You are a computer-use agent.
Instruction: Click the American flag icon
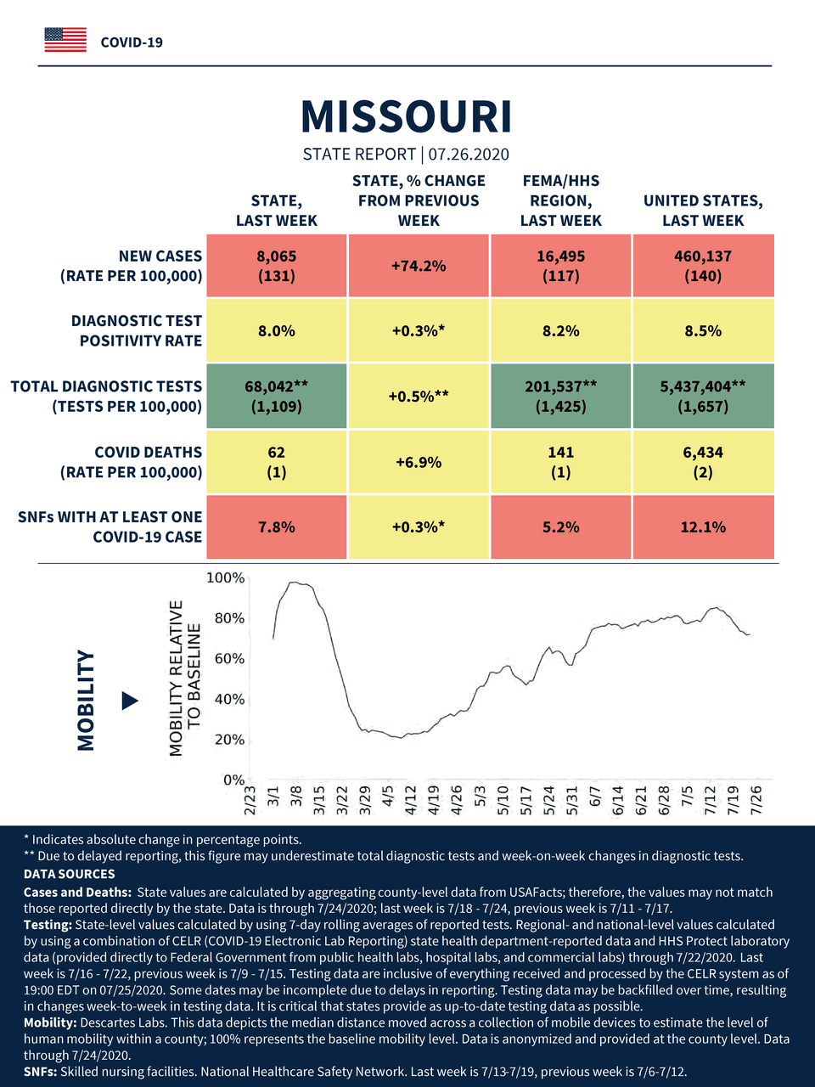pyautogui.click(x=65, y=40)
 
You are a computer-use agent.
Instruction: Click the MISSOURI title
pyautogui.click(x=407, y=117)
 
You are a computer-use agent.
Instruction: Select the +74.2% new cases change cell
pyautogui.click(x=419, y=266)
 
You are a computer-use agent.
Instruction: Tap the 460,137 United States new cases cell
pyautogui.click(x=703, y=266)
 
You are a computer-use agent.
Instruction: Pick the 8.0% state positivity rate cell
pyautogui.click(x=277, y=331)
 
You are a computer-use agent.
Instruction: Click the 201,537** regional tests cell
pyautogui.click(x=561, y=396)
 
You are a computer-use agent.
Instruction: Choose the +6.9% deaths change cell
pyautogui.click(x=419, y=462)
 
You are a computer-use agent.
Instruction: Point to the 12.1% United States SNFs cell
pyautogui.click(x=703, y=527)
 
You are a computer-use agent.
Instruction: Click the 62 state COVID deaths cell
pyautogui.click(x=277, y=462)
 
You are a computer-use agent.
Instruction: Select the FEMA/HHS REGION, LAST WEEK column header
pyautogui.click(x=561, y=200)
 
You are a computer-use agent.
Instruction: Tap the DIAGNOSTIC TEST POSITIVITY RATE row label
pyautogui.click(x=137, y=331)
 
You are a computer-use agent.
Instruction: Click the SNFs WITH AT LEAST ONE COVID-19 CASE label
pyautogui.click(x=110, y=527)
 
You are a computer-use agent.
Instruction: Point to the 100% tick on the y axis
pyautogui.click(x=226, y=578)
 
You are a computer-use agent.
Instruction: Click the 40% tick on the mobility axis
pyautogui.click(x=228, y=700)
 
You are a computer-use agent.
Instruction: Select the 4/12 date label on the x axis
pyautogui.click(x=411, y=800)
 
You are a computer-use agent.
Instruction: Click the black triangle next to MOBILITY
pyautogui.click(x=130, y=701)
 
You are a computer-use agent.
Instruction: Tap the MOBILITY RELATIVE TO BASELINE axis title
pyautogui.click(x=185, y=678)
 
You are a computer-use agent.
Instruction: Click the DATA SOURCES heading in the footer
pyautogui.click(x=69, y=874)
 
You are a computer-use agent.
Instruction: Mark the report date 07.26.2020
pyautogui.click(x=469, y=155)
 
